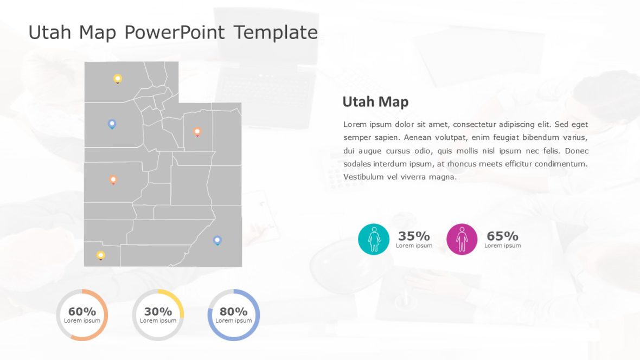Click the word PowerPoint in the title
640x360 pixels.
174,33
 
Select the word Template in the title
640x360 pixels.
276,33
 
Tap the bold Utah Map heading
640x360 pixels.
375,102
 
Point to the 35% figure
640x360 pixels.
414,236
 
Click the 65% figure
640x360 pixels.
502,236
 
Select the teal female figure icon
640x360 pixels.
374,239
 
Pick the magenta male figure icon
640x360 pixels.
462,239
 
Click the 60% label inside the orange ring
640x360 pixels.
82,311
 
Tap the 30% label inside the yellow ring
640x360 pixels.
158,311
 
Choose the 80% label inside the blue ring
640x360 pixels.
234,311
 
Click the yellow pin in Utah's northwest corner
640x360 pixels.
117,79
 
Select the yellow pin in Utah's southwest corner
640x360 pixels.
100,255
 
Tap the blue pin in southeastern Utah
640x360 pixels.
217,240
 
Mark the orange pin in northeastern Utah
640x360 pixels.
197,131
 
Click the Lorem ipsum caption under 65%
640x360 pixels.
502,246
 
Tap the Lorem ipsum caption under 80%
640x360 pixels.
234,320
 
